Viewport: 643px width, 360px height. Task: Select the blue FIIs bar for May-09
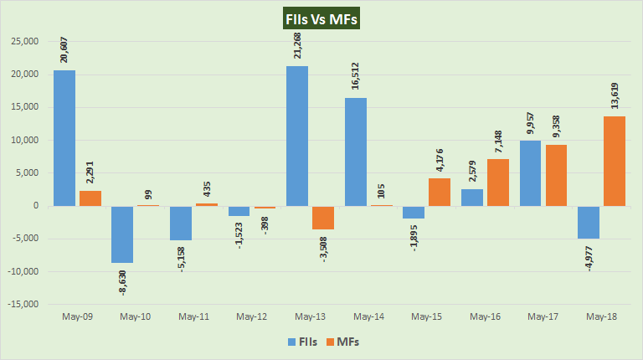64,138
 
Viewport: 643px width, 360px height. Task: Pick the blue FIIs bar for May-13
297,136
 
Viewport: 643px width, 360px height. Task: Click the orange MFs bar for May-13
322,218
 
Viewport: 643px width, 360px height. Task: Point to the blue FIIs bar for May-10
122,234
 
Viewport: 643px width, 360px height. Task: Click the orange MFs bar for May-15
439,192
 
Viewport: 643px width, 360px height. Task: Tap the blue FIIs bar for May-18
588,222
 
